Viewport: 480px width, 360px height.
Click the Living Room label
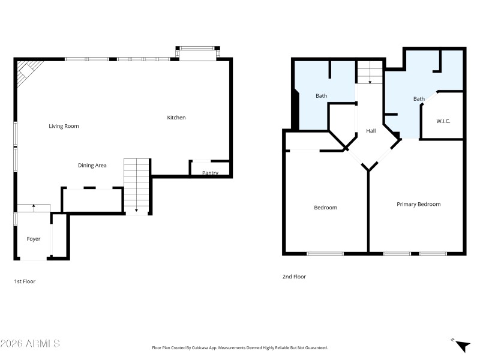coord(64,126)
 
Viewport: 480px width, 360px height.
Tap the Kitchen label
coord(176,118)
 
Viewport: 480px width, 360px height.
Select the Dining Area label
coord(92,165)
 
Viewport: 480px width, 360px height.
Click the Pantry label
coord(210,173)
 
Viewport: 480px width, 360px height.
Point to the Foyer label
coord(34,239)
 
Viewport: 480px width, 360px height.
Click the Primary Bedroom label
coord(418,204)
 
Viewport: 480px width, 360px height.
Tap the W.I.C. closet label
coord(443,121)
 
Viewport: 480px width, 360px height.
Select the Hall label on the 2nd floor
coord(371,130)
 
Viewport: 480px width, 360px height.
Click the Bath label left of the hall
coord(322,96)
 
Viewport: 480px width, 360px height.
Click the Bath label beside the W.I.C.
coord(419,99)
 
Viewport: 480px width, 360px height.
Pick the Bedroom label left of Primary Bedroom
coord(325,208)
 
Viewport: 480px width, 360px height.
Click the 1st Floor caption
coord(25,281)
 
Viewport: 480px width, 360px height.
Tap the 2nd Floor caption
coord(294,277)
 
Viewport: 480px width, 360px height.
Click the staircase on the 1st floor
coord(136,185)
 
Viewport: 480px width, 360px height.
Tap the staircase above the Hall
coord(370,73)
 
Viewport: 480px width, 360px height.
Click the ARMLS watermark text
coord(30,344)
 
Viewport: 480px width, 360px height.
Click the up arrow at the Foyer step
coord(34,207)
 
